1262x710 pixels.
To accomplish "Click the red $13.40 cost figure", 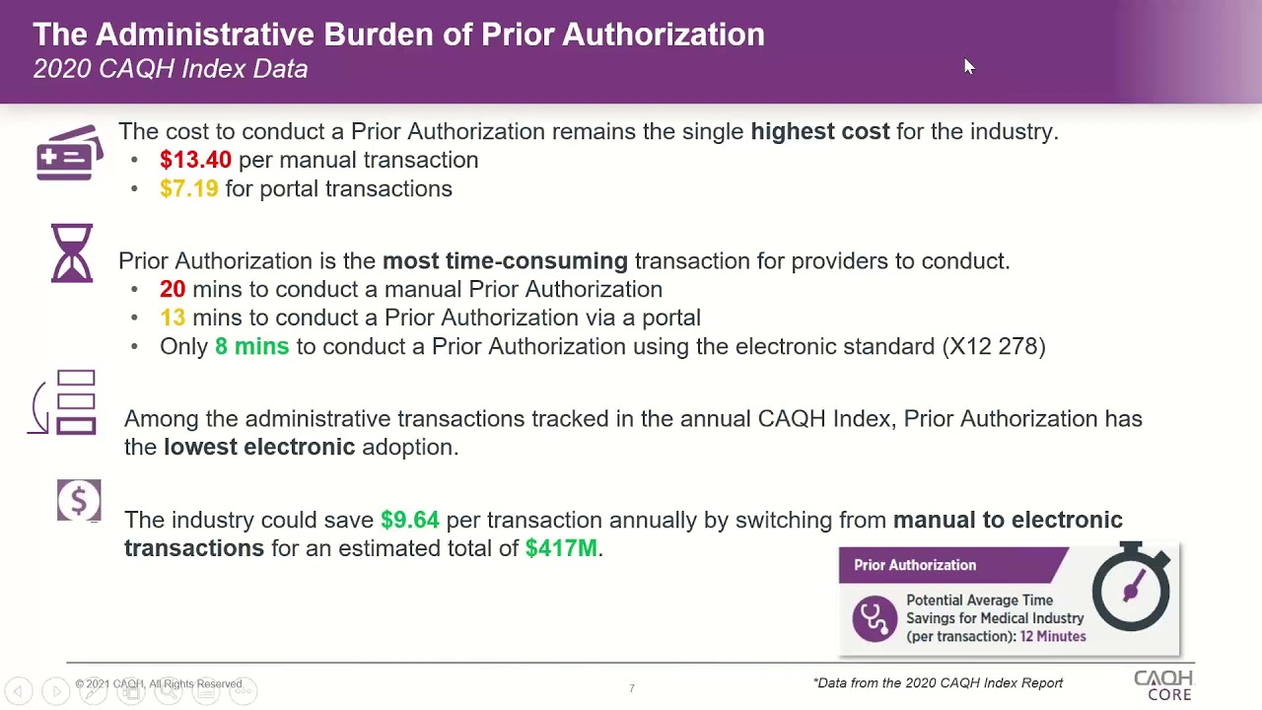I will tap(195, 160).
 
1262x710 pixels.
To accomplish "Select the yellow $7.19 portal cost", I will tap(188, 188).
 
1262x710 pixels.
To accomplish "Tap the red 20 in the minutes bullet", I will tap(173, 289).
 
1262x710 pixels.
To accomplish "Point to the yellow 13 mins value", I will tap(173, 318).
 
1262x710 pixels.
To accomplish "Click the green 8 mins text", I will tap(251, 346).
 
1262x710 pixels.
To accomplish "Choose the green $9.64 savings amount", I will tap(409, 520).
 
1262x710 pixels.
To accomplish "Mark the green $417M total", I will tap(561, 548).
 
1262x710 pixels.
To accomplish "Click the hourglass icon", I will tap(72, 253).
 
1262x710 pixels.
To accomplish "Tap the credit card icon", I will tap(70, 153).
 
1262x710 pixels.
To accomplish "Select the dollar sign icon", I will tap(79, 501).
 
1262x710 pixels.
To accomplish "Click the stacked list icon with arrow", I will tap(65, 402).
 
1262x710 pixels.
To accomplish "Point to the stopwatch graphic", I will tap(1131, 588).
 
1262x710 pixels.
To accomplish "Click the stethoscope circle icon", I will tap(875, 618).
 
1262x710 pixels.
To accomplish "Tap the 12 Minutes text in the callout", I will tap(1053, 636).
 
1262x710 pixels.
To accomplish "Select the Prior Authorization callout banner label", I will tap(915, 565).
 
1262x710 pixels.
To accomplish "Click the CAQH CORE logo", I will tap(1163, 685).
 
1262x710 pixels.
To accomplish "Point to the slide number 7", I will tap(631, 688).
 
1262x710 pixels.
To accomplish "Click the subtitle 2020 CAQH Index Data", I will tap(171, 69).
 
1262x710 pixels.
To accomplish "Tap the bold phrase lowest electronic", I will tap(259, 447).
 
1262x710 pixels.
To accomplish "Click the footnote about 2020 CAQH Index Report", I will tap(938, 682).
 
